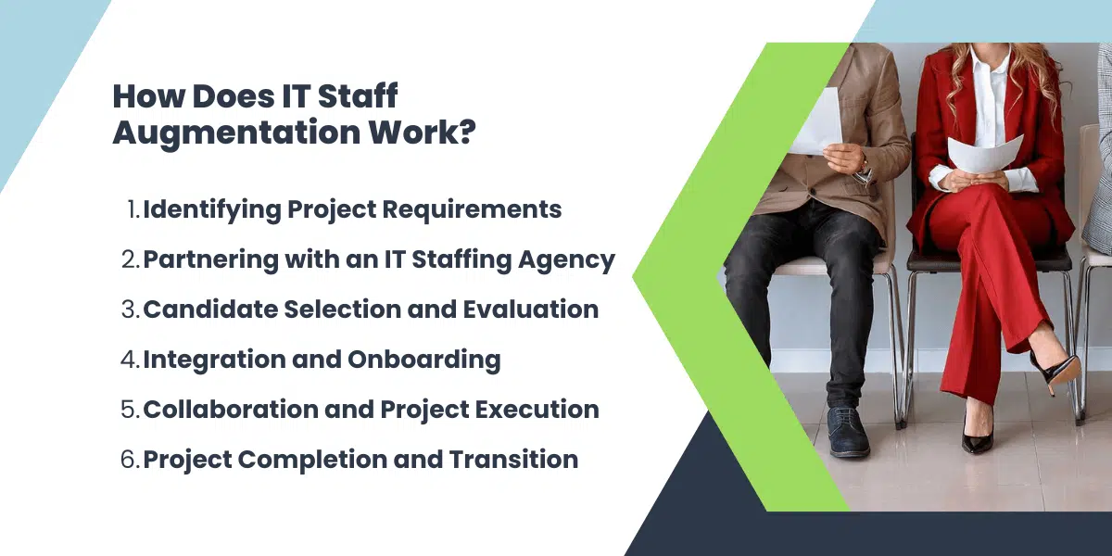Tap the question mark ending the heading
466,132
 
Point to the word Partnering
201,259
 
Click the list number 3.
129,310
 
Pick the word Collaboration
221,410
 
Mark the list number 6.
129,460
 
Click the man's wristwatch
865,170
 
